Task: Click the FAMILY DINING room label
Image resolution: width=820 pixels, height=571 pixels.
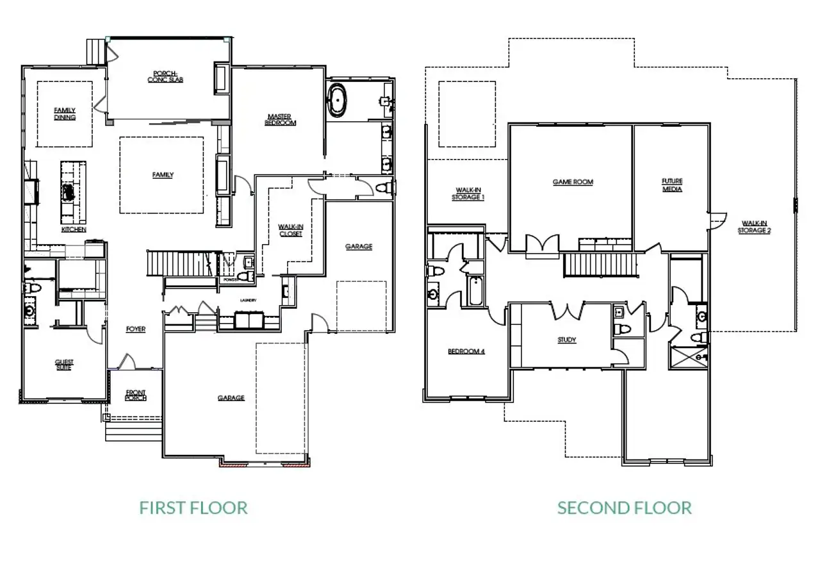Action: (65, 114)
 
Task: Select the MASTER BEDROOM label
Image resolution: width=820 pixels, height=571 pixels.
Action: (280, 119)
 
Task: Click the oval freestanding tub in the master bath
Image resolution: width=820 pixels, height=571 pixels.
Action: (337, 101)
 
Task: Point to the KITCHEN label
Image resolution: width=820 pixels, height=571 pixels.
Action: (74, 229)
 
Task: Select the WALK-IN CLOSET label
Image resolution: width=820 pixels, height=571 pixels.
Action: (290, 230)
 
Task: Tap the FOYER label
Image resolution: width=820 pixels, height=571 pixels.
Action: (135, 329)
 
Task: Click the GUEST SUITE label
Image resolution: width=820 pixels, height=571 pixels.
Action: (64, 365)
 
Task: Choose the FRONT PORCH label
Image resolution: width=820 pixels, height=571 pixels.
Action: (135, 396)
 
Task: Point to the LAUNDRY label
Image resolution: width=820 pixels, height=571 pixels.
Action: (248, 300)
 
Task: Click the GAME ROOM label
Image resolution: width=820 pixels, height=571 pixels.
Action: (573, 182)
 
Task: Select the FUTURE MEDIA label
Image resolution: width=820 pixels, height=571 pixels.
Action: (672, 186)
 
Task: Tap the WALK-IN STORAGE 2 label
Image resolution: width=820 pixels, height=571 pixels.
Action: (753, 226)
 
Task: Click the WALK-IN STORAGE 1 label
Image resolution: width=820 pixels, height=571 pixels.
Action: (470, 194)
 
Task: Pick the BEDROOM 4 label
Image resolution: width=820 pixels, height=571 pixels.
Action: (466, 351)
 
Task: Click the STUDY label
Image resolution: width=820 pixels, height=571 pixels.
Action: (566, 340)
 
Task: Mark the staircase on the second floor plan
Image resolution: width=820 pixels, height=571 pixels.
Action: (602, 264)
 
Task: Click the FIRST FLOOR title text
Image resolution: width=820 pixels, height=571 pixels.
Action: (193, 508)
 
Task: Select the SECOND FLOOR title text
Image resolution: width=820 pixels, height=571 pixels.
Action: (624, 508)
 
